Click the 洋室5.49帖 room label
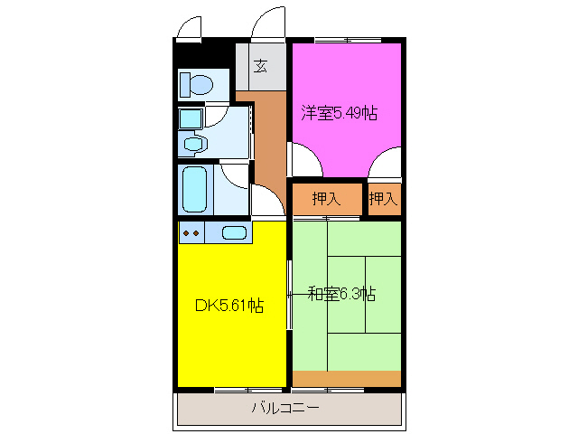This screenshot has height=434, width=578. coord(339,114)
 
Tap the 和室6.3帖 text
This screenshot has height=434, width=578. coord(341,294)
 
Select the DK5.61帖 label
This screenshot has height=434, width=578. coord(229,306)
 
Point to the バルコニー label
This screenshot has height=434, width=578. coord(285,409)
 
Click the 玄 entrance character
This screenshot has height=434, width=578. coord(261,66)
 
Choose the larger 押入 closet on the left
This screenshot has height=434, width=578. coord(326,199)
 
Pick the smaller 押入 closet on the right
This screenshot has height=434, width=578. coord(383,199)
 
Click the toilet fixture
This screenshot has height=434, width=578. coord(196,85)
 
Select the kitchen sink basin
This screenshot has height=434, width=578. coord(234,233)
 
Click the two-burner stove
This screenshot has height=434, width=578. coord(191,233)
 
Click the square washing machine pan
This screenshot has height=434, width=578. coord(190,118)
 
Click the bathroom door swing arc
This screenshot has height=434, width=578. coord(266,201)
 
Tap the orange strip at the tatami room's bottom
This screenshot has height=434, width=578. coord(347,378)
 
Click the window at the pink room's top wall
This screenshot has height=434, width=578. coord(346,39)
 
